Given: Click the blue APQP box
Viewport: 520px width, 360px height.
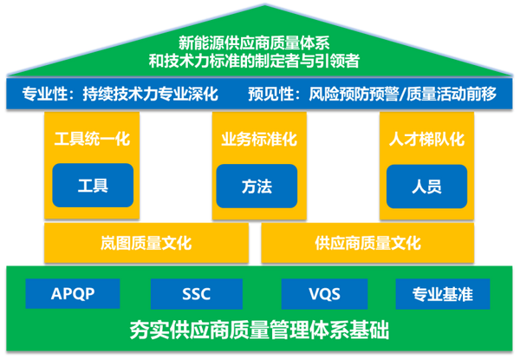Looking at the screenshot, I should point(72,293).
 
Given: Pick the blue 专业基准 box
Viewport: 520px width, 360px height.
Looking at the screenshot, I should point(442,293).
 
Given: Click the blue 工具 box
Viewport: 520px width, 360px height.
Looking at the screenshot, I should point(93,185).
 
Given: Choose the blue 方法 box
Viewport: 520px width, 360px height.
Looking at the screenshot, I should point(257,185).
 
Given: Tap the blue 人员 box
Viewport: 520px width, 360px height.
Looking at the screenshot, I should point(426,185).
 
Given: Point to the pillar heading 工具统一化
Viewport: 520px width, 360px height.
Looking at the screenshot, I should point(93,139).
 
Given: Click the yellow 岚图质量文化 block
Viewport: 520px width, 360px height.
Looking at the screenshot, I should point(146,243).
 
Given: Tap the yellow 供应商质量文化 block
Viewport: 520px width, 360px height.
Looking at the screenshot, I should point(368,243).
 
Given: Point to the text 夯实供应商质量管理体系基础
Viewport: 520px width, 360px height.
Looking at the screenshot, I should point(260,331).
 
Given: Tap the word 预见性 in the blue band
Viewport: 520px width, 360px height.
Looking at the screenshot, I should point(270,94).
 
